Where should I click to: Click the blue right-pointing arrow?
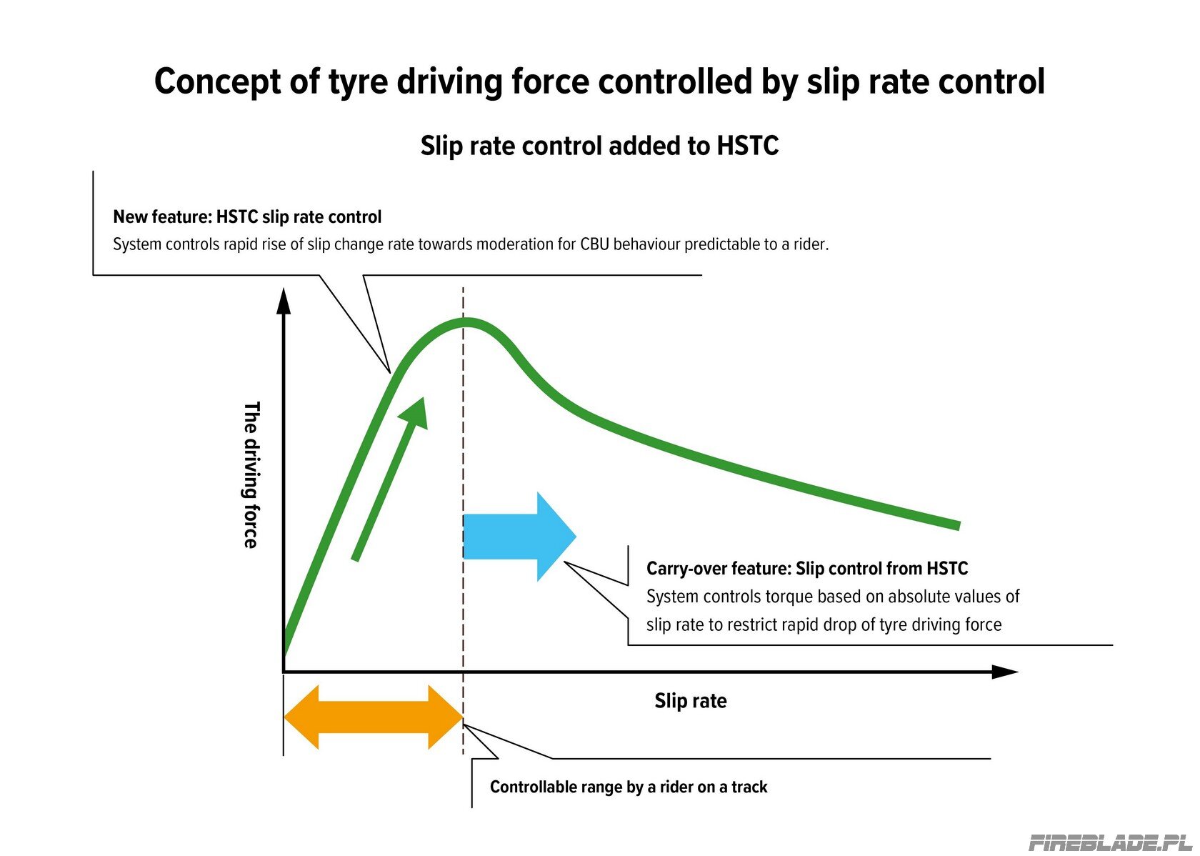[x=519, y=537]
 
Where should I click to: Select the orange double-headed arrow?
[x=373, y=717]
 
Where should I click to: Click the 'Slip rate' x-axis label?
[x=691, y=701]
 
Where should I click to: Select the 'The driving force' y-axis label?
[x=251, y=474]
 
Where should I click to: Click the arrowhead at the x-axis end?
[x=1004, y=672]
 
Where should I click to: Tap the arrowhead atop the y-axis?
[x=284, y=302]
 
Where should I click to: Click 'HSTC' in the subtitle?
[x=747, y=146]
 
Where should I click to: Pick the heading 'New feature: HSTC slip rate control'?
[x=247, y=217]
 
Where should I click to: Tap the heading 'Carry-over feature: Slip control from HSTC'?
[x=807, y=568]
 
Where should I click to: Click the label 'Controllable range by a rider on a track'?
[x=629, y=787]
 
